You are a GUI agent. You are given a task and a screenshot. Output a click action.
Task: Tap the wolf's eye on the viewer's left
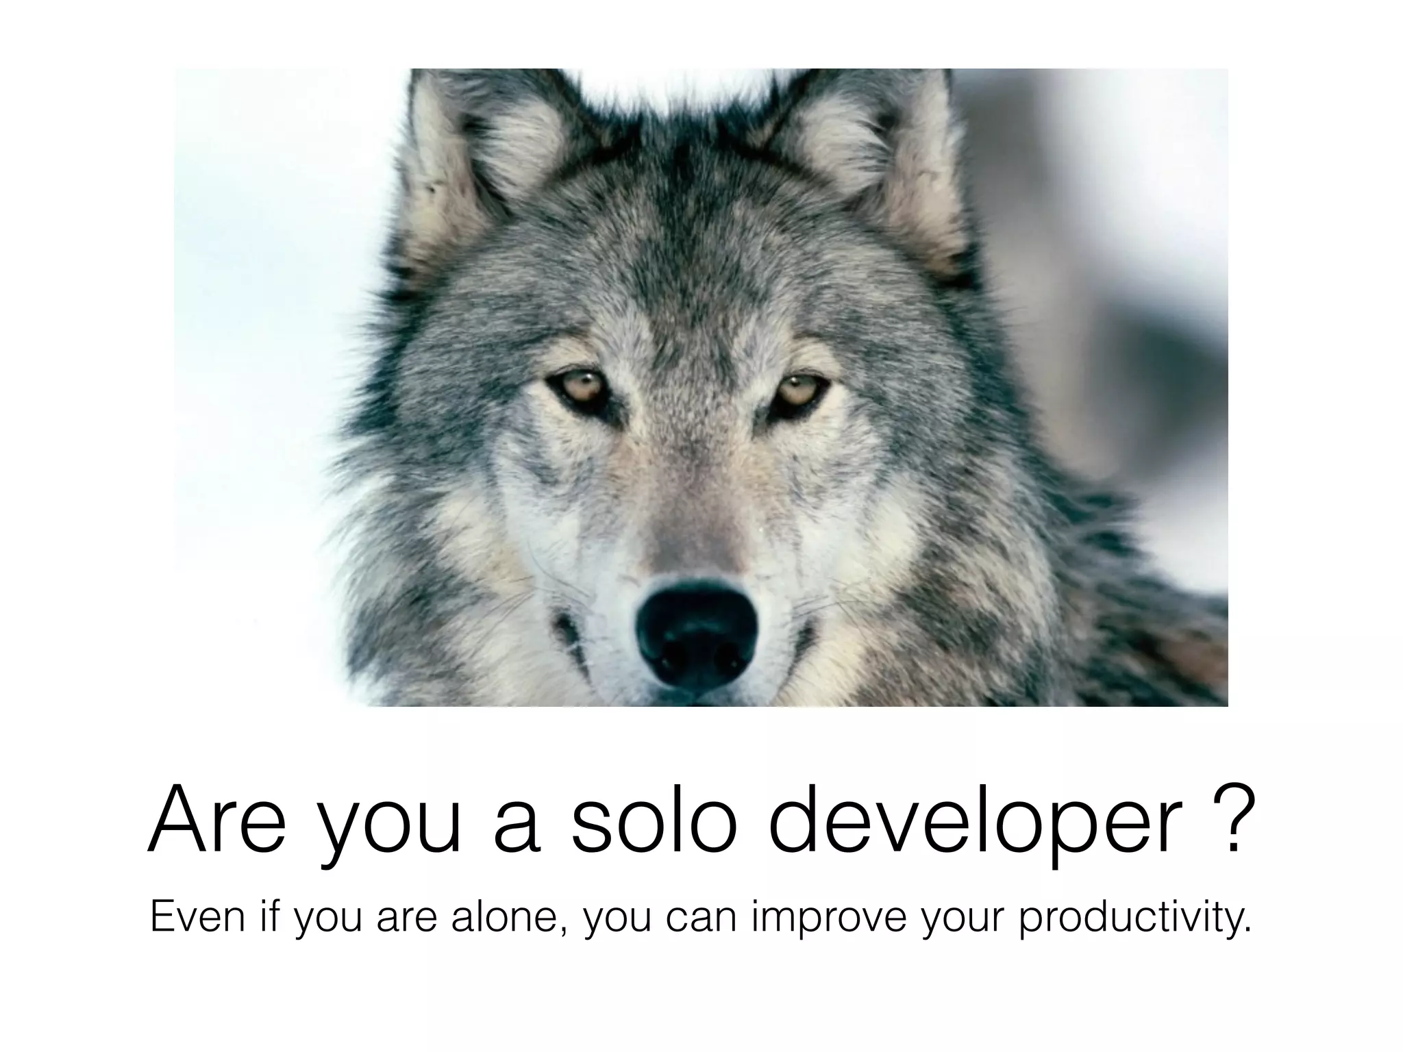click(x=577, y=388)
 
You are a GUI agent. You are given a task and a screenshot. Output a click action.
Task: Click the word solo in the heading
click(x=654, y=821)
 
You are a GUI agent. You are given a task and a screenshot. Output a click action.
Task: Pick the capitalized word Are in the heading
click(x=216, y=821)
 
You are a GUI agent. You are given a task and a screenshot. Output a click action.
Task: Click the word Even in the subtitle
click(x=197, y=918)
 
